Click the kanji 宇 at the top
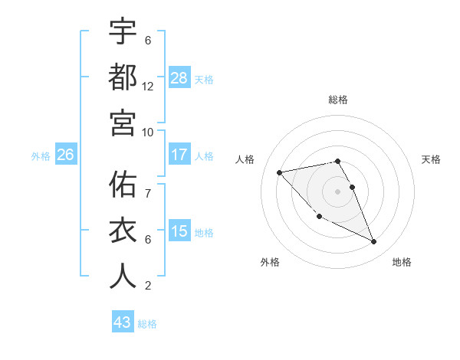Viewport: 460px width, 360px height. [x=123, y=32]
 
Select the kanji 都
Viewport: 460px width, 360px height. [x=123, y=77]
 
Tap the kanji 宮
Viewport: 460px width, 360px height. [x=123, y=123]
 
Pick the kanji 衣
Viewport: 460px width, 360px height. [x=123, y=231]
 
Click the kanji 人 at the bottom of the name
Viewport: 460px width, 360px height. [x=123, y=276]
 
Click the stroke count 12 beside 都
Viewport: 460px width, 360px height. [x=148, y=87]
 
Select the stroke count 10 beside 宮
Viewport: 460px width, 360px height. [x=148, y=132]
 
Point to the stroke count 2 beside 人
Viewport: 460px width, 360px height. [x=148, y=286]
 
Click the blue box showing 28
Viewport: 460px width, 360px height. [x=179, y=78]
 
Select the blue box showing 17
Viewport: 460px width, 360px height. [x=179, y=155]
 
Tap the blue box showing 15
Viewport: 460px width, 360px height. [x=179, y=231]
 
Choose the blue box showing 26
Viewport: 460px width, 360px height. [x=65, y=155]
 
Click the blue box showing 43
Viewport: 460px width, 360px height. [x=123, y=322]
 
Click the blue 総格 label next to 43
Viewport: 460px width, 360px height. [x=147, y=324]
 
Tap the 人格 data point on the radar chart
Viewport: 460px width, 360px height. [x=280, y=172]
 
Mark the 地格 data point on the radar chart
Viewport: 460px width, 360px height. [x=374, y=242]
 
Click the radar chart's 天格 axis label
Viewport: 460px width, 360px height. [x=432, y=159]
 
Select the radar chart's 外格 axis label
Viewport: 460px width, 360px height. [x=270, y=262]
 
